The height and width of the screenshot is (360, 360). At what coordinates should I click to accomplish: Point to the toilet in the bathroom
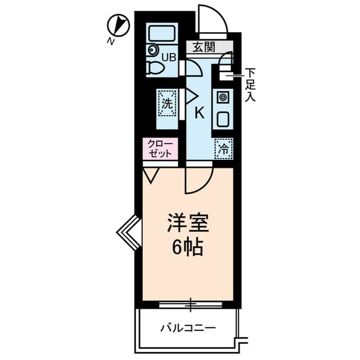[x=155, y=68]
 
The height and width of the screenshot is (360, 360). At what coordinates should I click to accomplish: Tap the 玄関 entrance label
[x=204, y=47]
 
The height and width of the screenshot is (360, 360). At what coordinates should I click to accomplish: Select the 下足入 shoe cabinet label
[x=250, y=84]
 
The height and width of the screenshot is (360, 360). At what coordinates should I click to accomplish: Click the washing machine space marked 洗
[x=167, y=103]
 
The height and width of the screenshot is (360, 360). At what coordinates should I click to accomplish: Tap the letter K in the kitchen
[x=199, y=112]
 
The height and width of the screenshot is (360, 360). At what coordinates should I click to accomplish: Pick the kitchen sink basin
[x=223, y=119]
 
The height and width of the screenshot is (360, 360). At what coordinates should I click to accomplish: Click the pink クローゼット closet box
[x=160, y=148]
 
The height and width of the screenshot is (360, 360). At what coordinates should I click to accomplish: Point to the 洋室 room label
[x=188, y=223]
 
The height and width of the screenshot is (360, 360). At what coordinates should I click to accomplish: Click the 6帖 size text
[x=188, y=247]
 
